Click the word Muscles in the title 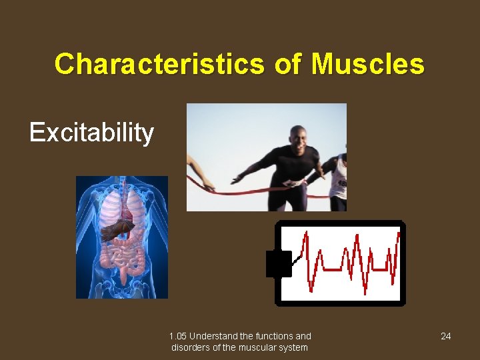coord(367,65)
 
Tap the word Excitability coord(91,133)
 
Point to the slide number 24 coord(445,336)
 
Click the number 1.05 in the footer coord(179,336)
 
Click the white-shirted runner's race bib coord(341,181)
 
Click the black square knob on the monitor coord(279,263)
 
